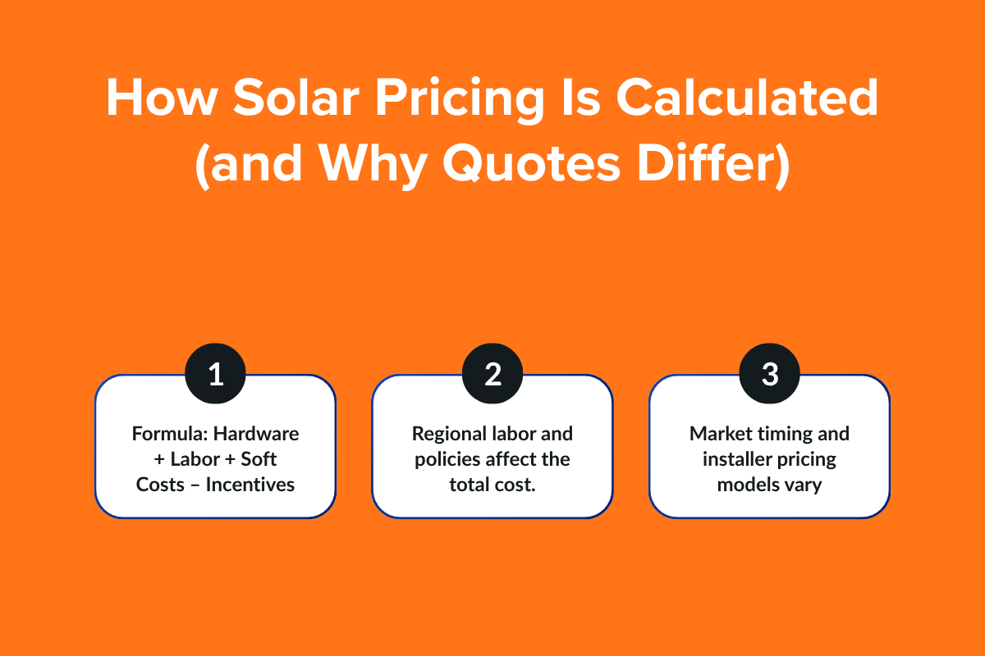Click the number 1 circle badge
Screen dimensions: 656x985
[215, 375]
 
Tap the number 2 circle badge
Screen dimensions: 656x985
[492, 375]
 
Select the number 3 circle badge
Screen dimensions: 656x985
[769, 375]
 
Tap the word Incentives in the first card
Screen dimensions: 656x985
[250, 484]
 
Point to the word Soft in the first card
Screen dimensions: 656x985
[259, 458]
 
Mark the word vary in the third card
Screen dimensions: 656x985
[804, 484]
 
